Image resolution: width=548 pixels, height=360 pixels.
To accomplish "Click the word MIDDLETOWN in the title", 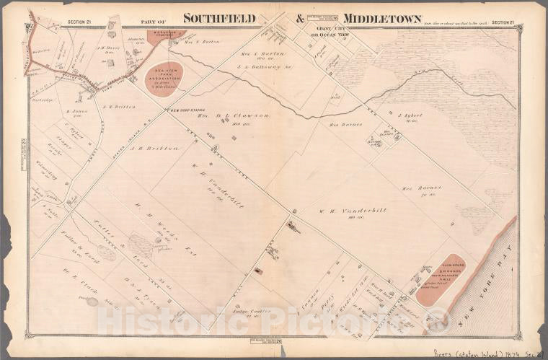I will click(383, 18).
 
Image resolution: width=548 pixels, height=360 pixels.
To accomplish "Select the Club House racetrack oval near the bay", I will click(440, 279).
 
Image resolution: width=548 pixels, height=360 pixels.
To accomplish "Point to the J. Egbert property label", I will click(409, 115).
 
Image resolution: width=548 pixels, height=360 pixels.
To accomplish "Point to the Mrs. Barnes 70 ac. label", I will click(430, 190).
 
